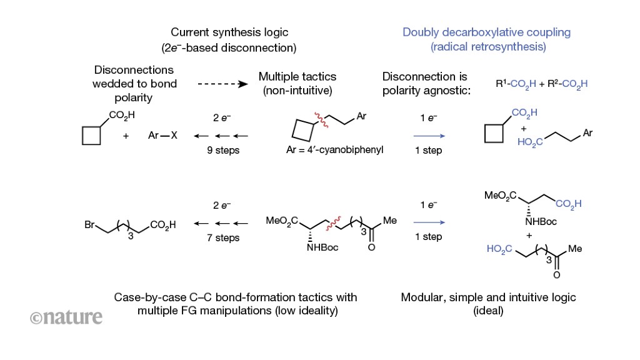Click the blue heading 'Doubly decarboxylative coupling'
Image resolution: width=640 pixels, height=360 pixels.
[486, 32]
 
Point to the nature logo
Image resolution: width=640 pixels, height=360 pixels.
[66, 317]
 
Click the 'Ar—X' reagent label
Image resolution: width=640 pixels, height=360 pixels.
[163, 135]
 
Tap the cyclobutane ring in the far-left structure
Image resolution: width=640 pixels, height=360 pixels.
[92, 136]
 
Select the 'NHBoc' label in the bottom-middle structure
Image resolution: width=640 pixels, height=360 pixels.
[322, 248]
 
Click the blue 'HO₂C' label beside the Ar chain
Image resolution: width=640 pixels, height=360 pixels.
[530, 142]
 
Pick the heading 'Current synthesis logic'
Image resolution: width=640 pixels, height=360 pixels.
[229, 32]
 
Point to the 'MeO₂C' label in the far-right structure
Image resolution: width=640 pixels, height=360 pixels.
[501, 197]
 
